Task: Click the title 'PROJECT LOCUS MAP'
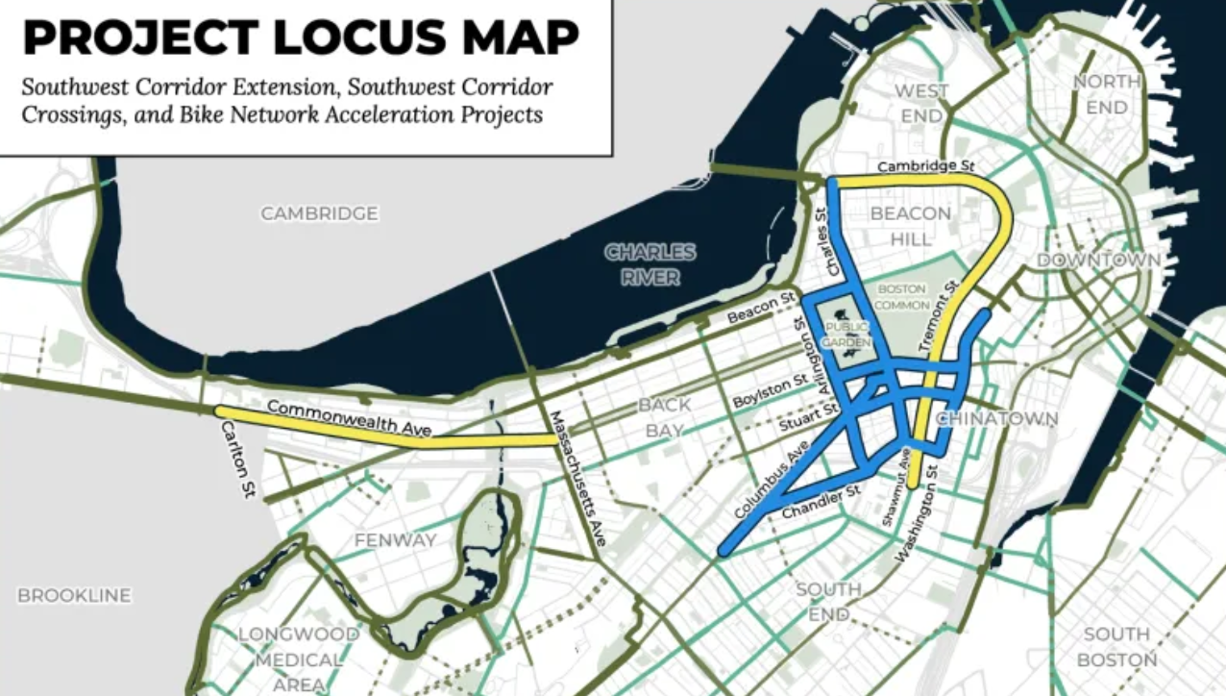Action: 301,38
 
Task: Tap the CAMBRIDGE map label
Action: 320,213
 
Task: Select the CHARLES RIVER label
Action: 650,264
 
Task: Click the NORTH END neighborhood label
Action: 1106,94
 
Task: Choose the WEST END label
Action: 921,103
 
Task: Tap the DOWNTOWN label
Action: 1098,261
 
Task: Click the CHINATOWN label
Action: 996,419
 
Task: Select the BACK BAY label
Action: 665,417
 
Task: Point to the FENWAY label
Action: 395,540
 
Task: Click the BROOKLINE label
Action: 74,596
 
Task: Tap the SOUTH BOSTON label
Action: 1116,646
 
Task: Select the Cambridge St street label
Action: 919,168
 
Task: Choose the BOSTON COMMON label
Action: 900,296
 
